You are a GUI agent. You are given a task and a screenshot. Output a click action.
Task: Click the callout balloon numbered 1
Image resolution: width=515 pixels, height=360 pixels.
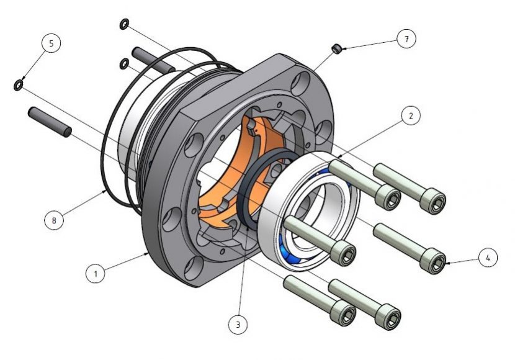coord(96,273)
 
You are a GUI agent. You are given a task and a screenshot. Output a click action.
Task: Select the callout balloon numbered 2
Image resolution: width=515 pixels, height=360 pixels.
coord(411,115)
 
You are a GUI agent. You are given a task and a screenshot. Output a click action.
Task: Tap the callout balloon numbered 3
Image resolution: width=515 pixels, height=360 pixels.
coord(238,324)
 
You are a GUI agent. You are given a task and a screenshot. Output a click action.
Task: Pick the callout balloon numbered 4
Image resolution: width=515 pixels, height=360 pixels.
coord(488,258)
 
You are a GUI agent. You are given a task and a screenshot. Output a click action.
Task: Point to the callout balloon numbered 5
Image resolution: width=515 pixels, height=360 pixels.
coord(52,43)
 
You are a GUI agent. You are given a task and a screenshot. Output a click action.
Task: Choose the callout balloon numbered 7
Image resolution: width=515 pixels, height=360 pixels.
coord(406,38)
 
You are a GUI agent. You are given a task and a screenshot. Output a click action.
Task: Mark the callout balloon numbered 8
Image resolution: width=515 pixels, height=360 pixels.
coord(54,220)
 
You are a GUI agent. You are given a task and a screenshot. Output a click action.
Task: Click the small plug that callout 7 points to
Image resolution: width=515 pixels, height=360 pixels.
coord(336,49)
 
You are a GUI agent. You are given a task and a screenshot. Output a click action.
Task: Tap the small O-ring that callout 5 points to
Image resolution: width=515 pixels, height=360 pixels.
coord(18,85)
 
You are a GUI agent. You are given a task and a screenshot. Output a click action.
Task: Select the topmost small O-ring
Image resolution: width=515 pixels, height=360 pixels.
coord(124,24)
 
